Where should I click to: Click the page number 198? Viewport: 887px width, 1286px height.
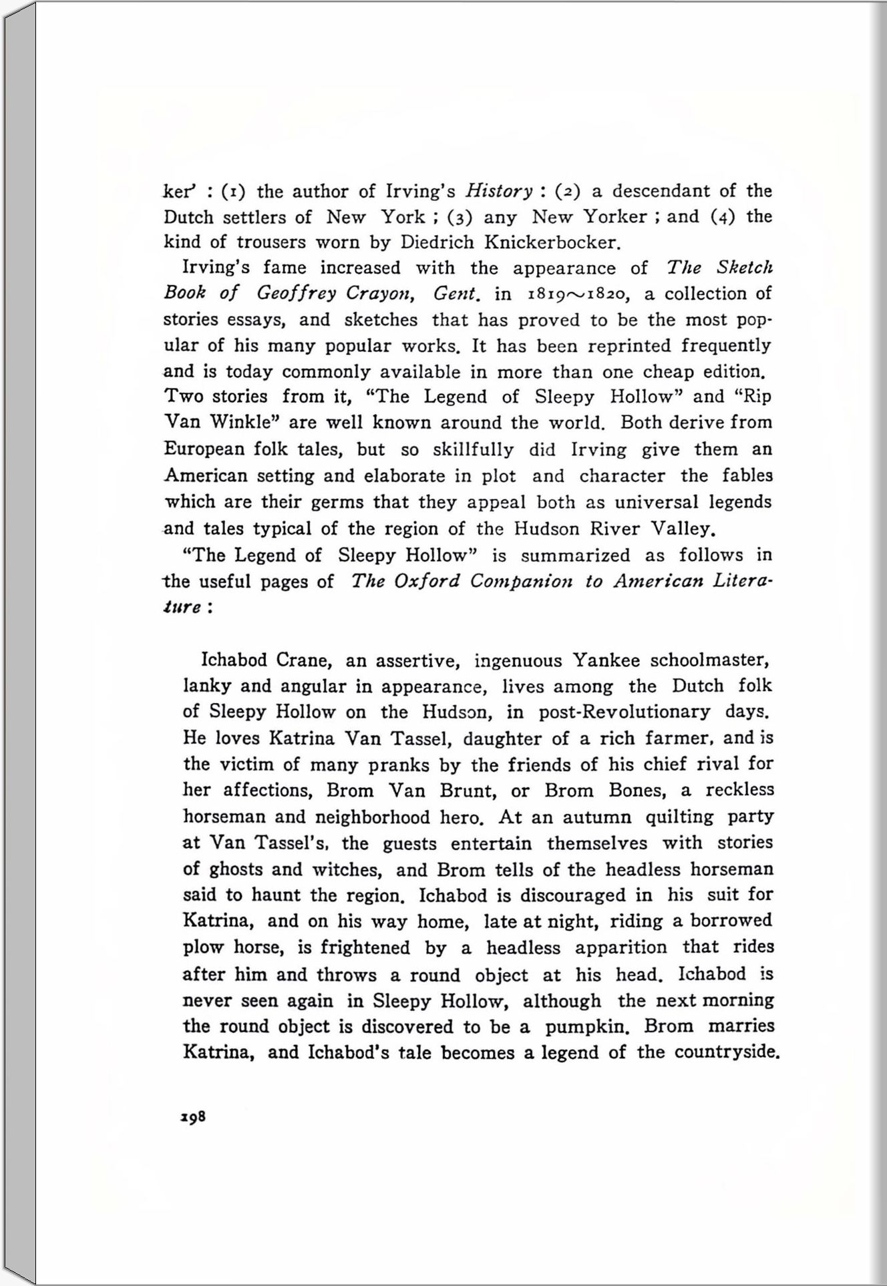193,1117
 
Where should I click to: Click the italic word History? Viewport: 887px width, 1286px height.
499,192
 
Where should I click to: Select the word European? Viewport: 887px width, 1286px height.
204,449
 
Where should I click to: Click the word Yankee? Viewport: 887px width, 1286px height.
605,661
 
